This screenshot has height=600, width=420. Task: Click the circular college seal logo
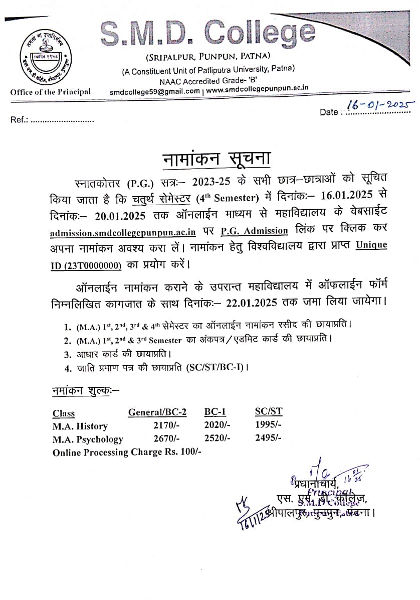coord(44,58)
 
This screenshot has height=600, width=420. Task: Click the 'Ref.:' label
coord(19,120)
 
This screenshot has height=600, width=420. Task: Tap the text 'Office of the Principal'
coord(50,91)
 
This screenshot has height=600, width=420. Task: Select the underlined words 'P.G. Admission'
coord(254,231)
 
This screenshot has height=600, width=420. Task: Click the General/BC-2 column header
coord(157,412)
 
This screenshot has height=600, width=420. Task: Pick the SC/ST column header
coord(269,412)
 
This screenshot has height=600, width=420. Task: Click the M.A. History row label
coord(80,426)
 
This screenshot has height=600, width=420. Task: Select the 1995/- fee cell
coord(268,425)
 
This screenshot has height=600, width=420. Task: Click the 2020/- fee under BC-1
coord(217,425)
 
